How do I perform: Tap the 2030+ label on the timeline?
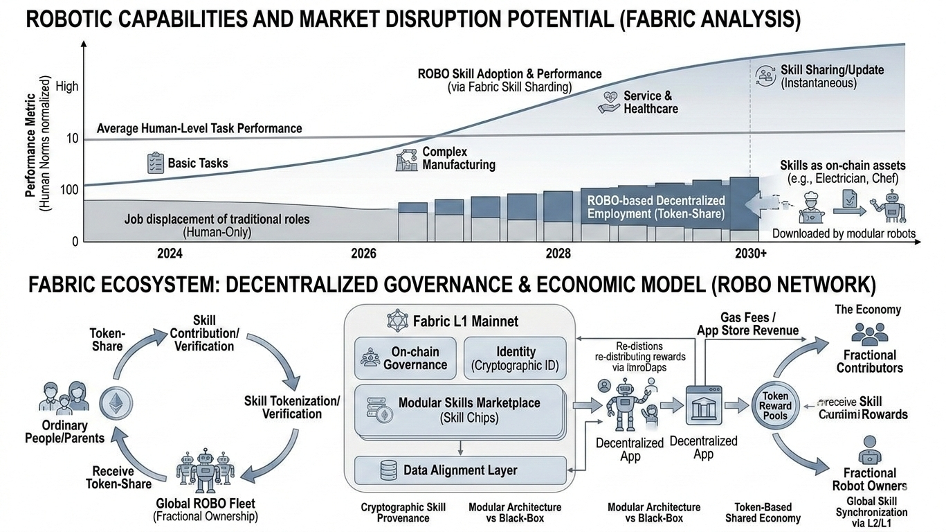(750, 254)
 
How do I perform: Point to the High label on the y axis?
(67, 87)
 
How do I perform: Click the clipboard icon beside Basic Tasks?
(154, 163)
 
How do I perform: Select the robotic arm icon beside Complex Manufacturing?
(406, 159)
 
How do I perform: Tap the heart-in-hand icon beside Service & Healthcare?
(609, 103)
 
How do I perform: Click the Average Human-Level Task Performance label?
(199, 128)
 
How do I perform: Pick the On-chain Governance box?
(406, 358)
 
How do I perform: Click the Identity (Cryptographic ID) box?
(515, 358)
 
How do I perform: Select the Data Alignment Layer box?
(460, 470)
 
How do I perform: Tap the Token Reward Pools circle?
(775, 406)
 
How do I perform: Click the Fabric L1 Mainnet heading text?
(465, 321)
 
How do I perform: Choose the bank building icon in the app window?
(703, 409)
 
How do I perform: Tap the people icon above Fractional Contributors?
(869, 335)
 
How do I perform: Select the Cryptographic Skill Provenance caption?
(403, 513)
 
